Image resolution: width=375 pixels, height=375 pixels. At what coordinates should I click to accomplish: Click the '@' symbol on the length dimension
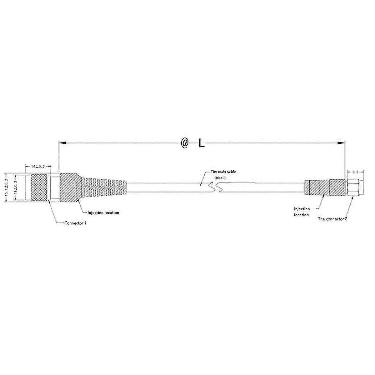184,143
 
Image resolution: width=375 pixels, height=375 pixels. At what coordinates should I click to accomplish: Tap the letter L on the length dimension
202,144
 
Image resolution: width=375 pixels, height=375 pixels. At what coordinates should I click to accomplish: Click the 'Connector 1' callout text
75,223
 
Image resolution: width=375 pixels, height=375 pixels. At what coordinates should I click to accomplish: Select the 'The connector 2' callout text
332,219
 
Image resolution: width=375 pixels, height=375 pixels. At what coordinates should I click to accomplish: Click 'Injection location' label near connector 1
103,212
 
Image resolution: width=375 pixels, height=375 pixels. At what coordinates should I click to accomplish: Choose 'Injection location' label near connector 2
302,212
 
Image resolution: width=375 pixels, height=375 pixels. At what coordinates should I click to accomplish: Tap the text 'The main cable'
223,172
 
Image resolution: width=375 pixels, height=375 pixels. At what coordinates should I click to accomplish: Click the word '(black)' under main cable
220,177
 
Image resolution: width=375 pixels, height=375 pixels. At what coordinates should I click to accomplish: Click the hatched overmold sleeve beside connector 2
325,187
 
